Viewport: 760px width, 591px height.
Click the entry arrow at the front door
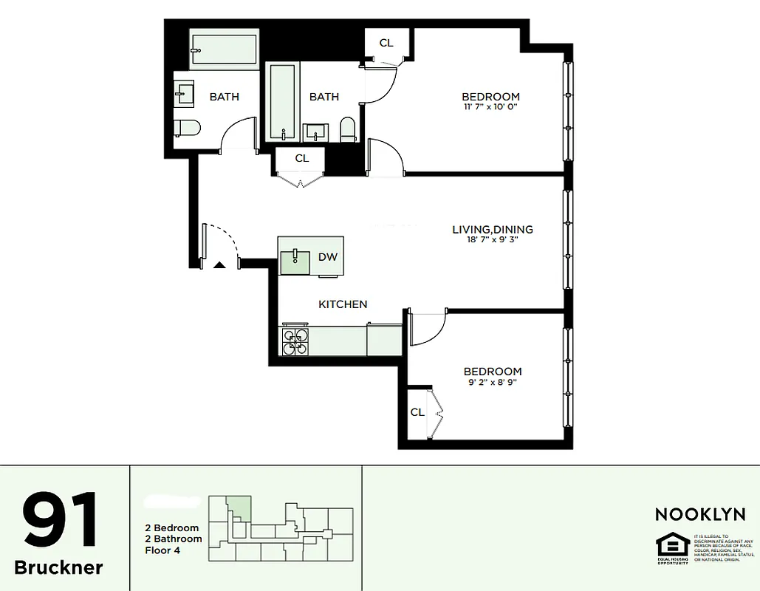pyautogui.click(x=219, y=264)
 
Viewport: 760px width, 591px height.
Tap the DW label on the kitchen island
pyautogui.click(x=327, y=257)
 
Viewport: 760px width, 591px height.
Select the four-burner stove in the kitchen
pyautogui.click(x=296, y=340)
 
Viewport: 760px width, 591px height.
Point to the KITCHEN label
pyautogui.click(x=343, y=304)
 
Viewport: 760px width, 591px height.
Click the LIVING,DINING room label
pyautogui.click(x=492, y=230)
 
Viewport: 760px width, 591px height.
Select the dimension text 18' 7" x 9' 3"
pyautogui.click(x=492, y=240)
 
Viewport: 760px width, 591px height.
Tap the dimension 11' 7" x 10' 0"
pyautogui.click(x=490, y=107)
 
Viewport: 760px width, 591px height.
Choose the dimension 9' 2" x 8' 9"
pyautogui.click(x=492, y=382)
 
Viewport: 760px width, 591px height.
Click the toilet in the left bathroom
pyautogui.click(x=188, y=129)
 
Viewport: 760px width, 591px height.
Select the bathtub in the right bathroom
pyautogui.click(x=282, y=102)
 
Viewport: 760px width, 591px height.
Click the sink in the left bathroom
pyautogui.click(x=184, y=93)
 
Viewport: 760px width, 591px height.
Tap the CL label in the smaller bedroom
pyautogui.click(x=417, y=412)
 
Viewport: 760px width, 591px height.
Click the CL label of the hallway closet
pyautogui.click(x=301, y=158)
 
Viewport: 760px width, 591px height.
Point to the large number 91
pyautogui.click(x=61, y=520)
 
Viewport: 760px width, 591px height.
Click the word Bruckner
pyautogui.click(x=59, y=567)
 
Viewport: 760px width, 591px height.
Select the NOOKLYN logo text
pyautogui.click(x=700, y=514)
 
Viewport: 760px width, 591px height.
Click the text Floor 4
pyautogui.click(x=163, y=550)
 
